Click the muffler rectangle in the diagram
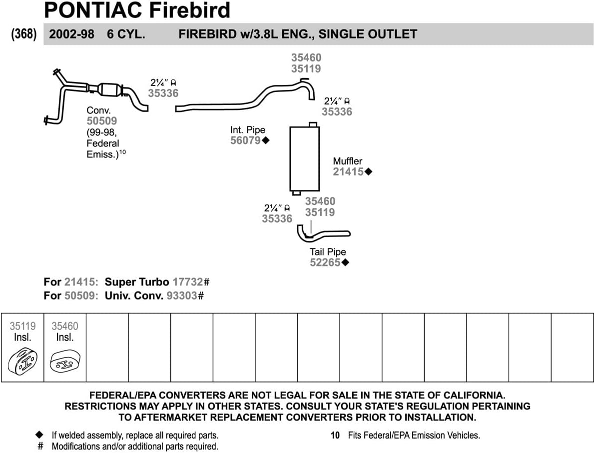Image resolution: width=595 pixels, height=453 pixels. coord(304,158)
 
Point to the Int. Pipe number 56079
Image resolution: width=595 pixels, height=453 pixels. coord(245,140)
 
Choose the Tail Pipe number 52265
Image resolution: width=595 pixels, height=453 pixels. coord(325,262)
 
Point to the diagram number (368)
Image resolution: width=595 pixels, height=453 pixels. coord(23,34)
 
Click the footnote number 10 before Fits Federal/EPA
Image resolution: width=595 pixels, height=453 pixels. coord(335,435)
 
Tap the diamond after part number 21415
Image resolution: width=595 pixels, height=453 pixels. coord(368,172)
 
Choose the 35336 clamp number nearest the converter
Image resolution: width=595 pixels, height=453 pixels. coord(163,93)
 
